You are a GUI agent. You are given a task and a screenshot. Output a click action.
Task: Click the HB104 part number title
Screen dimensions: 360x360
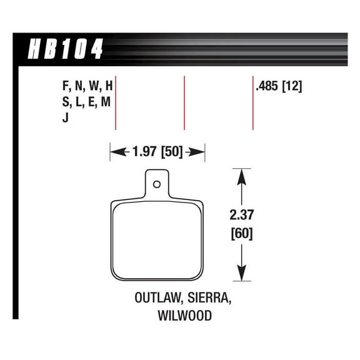pos(64,48)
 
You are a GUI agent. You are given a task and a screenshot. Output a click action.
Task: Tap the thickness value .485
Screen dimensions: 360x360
pos(267,87)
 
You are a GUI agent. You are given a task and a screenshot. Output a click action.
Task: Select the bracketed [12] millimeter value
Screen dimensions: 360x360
pos(292,87)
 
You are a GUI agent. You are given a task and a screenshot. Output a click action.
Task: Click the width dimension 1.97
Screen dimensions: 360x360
pos(143,151)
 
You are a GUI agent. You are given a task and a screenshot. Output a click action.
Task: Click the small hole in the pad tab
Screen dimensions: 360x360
pos(157,184)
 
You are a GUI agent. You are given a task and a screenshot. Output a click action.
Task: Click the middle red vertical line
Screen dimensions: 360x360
pos(184,102)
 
